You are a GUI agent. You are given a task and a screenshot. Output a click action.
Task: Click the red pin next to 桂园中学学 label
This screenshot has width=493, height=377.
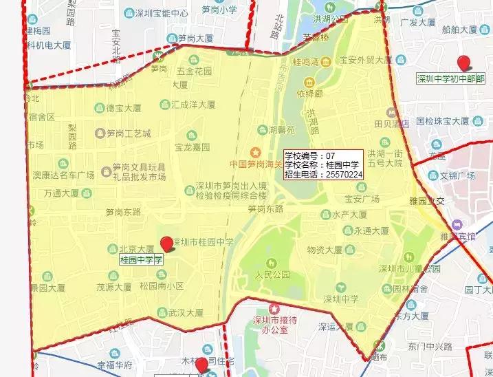pos(167,244)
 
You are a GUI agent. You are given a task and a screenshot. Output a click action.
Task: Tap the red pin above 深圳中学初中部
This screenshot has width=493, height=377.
pos(465,63)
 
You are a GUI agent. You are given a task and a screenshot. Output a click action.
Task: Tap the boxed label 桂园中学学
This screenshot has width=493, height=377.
pos(141,259)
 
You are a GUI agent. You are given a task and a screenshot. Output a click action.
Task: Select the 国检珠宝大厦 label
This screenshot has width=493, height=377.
pos(442,120)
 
